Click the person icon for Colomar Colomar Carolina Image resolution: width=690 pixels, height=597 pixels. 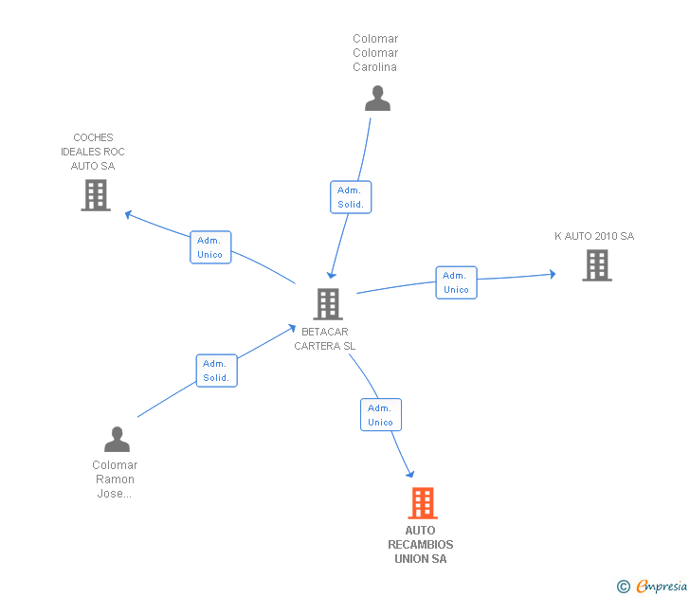377,99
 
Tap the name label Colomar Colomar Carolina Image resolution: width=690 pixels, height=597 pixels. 375,53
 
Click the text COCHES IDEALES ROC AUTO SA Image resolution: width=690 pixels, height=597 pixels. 93,152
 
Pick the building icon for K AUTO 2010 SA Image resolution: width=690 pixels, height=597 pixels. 596,265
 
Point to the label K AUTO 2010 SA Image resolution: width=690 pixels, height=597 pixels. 594,236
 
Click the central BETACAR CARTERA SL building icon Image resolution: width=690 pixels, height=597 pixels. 327,303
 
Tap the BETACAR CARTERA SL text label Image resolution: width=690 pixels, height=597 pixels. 325,339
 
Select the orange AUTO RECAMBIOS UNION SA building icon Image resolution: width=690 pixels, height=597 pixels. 423,503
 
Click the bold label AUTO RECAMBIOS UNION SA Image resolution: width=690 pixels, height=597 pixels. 421,545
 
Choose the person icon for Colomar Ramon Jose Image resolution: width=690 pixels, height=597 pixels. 117,440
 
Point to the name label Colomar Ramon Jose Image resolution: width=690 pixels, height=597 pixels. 115,479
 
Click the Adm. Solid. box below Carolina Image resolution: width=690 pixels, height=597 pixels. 351,197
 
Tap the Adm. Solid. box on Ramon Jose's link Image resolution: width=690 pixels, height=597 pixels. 216,371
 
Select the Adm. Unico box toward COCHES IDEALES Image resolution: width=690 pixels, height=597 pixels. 210,247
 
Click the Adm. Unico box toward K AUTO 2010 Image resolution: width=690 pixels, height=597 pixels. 456,282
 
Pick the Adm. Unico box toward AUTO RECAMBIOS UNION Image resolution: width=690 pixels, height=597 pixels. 380,415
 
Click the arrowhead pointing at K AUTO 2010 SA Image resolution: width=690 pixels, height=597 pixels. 552,275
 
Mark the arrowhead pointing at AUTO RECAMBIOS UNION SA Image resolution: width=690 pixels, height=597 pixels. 410,473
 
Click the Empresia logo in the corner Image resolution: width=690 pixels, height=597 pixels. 653,587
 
